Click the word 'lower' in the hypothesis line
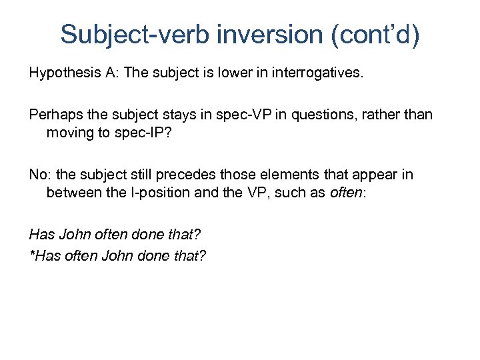[233, 73]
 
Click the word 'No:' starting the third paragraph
[39, 175]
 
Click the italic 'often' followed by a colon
[345, 193]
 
